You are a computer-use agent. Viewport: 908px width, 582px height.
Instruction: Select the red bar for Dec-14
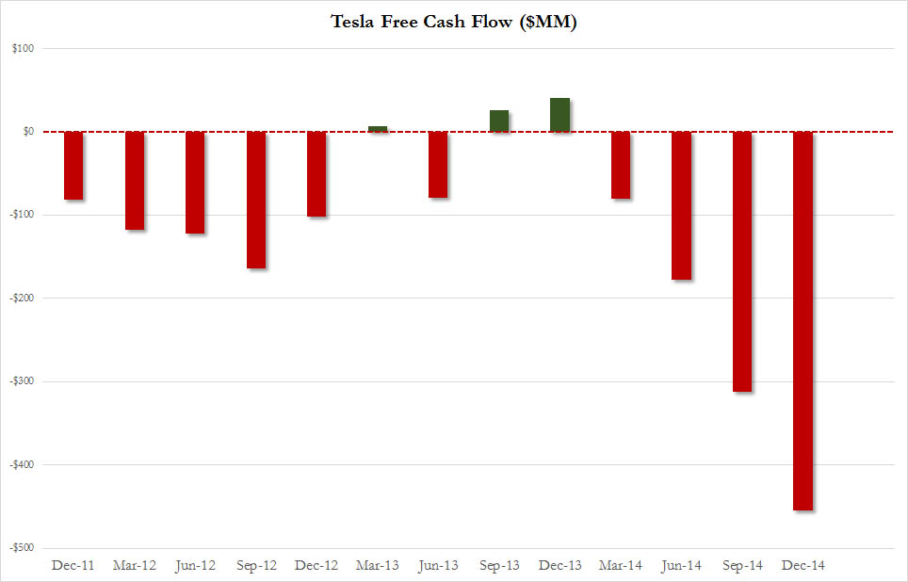803,320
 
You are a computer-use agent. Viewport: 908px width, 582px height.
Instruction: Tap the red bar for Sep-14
742,261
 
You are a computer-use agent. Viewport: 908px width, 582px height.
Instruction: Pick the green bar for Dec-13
559,115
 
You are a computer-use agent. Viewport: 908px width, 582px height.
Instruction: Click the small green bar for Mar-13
378,129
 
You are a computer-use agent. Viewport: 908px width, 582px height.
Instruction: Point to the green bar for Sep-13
499,121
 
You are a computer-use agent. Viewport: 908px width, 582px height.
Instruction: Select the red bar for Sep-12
256,200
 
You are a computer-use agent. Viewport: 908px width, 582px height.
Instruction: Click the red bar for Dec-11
74,166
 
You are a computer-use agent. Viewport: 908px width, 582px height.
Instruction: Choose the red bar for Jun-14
681,205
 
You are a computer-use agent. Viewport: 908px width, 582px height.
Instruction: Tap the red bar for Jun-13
438,165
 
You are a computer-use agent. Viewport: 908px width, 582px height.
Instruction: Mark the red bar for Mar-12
135,180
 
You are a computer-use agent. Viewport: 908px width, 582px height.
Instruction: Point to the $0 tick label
27,132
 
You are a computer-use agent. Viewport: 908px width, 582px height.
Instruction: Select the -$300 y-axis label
23,381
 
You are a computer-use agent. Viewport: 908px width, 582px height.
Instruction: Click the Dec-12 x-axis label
316,566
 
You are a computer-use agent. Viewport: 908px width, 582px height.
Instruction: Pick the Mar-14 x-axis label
620,566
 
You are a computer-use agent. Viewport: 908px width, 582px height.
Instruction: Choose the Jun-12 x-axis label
195,566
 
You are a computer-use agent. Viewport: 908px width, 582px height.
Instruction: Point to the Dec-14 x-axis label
803,566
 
